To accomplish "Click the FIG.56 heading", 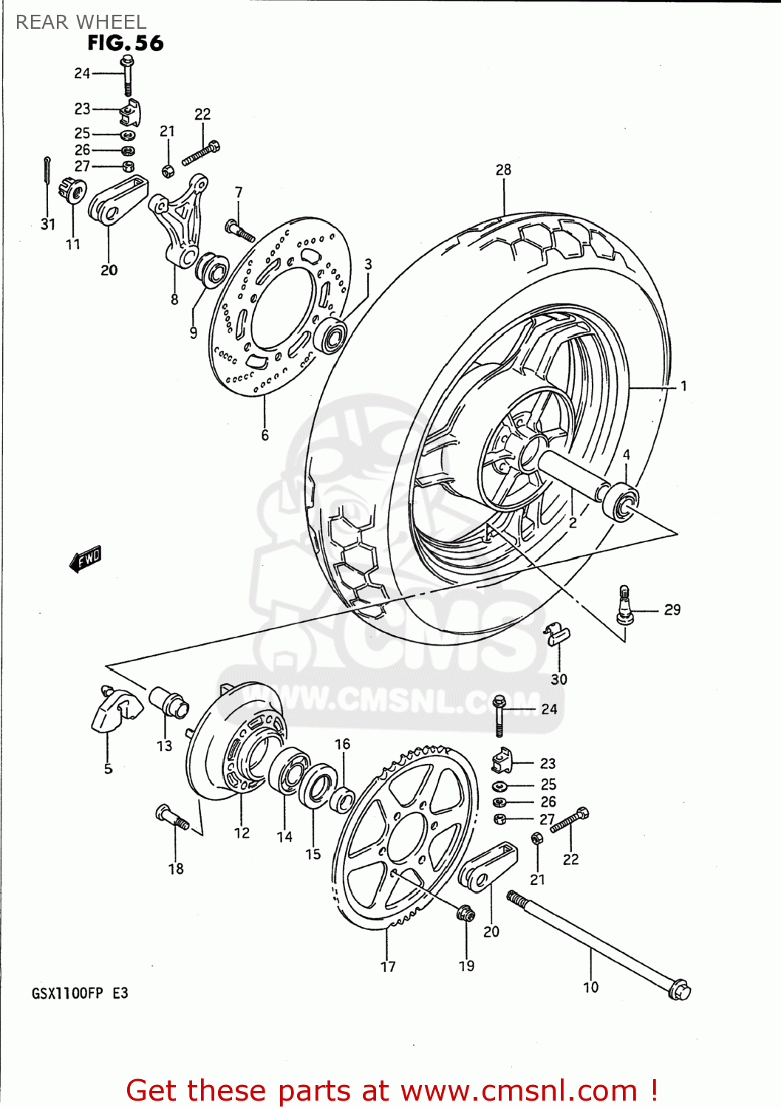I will coord(125,43).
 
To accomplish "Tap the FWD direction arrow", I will coord(86,559).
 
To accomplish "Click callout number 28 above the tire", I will coord(503,170).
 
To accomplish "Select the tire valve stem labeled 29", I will coord(624,606).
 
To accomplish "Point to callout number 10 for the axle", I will coord(590,987).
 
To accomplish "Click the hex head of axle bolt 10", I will coord(678,989).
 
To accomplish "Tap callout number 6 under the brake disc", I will coord(265,435).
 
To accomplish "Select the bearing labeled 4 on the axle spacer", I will coord(620,502).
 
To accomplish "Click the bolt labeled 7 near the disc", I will coord(239,230).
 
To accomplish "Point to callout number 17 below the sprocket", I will coord(388,966).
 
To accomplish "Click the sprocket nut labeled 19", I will coord(465,914).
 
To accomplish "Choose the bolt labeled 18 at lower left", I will coord(173,817).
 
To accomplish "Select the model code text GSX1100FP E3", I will coord(80,993).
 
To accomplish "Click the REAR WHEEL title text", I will coord(81,21).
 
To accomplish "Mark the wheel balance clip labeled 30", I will coord(557,633).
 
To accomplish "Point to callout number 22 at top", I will coord(202,114).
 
